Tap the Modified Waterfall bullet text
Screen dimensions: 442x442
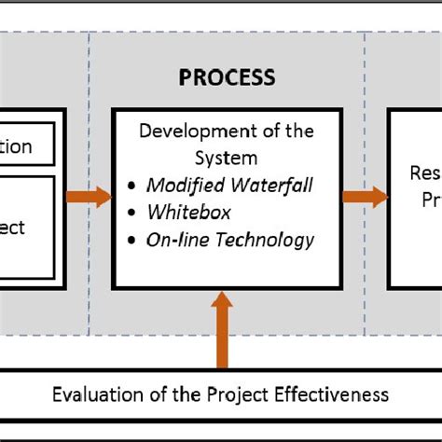click(228, 185)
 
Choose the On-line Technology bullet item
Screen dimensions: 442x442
click(229, 240)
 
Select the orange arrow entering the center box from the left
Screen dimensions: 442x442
click(89, 198)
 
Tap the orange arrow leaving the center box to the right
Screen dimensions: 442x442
click(363, 198)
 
